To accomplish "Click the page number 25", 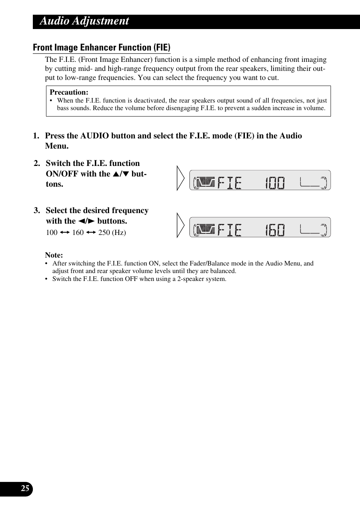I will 25,489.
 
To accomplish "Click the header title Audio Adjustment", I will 84,21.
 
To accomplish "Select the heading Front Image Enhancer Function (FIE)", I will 102,48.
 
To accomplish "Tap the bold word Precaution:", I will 69,92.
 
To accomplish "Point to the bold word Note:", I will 54,255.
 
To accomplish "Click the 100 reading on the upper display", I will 275,183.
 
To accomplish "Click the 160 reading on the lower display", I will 275,230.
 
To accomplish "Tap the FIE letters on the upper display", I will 229,183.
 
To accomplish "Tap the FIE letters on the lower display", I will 229,230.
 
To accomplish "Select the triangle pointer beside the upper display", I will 180,178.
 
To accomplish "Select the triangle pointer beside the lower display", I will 180,225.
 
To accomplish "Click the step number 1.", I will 35,136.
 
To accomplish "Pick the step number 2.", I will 37,164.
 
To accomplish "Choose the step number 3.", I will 37,211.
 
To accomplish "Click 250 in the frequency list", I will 104,233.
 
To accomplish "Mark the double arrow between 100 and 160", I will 65,233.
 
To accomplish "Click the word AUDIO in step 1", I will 93,136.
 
